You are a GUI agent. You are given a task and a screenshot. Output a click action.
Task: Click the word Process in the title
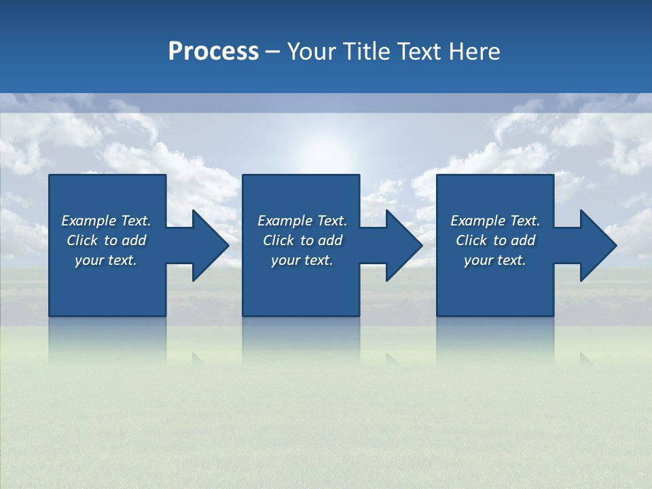click(x=213, y=52)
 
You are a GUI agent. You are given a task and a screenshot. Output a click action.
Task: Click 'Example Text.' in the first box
click(x=106, y=221)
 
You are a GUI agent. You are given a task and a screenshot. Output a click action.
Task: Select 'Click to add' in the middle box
click(x=302, y=240)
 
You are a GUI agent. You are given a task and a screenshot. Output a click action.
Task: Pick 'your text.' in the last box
click(x=495, y=260)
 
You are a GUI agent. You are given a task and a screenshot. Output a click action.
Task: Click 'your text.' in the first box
click(x=106, y=260)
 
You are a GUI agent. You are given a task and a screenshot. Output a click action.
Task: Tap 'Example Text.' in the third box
click(x=495, y=221)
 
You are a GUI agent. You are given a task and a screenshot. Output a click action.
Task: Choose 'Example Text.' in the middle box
click(x=302, y=221)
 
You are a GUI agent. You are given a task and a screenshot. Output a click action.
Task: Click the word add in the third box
click(x=523, y=240)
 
